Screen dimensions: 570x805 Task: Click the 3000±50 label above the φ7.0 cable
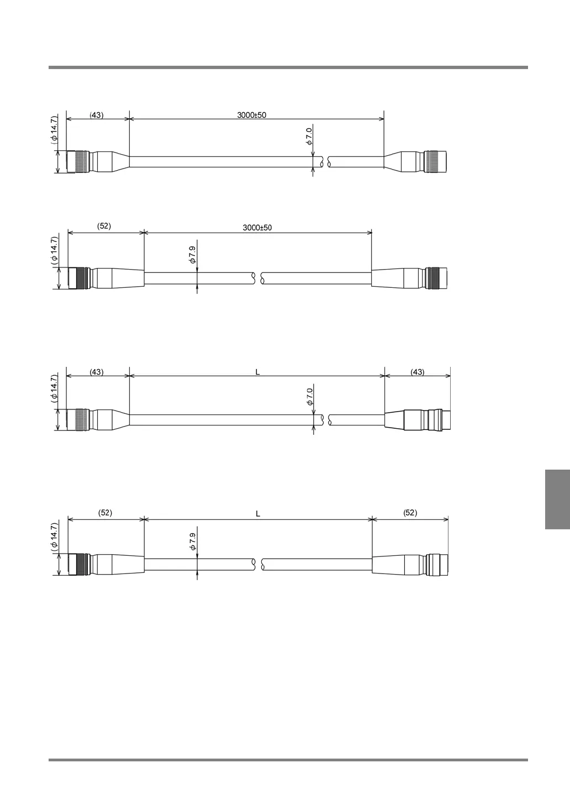click(251, 115)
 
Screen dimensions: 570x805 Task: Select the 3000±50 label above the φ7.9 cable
click(257, 228)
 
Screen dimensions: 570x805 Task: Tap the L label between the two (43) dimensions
click(257, 372)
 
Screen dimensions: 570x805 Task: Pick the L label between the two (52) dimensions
click(258, 514)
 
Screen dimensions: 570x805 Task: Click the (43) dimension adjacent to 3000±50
click(96, 115)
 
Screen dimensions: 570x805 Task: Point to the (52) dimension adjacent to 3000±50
click(104, 226)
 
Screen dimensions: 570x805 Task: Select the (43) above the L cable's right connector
click(418, 372)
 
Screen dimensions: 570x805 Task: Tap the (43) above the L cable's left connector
click(96, 372)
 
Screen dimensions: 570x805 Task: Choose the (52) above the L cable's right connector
click(410, 513)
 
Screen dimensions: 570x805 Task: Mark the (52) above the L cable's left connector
click(105, 513)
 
